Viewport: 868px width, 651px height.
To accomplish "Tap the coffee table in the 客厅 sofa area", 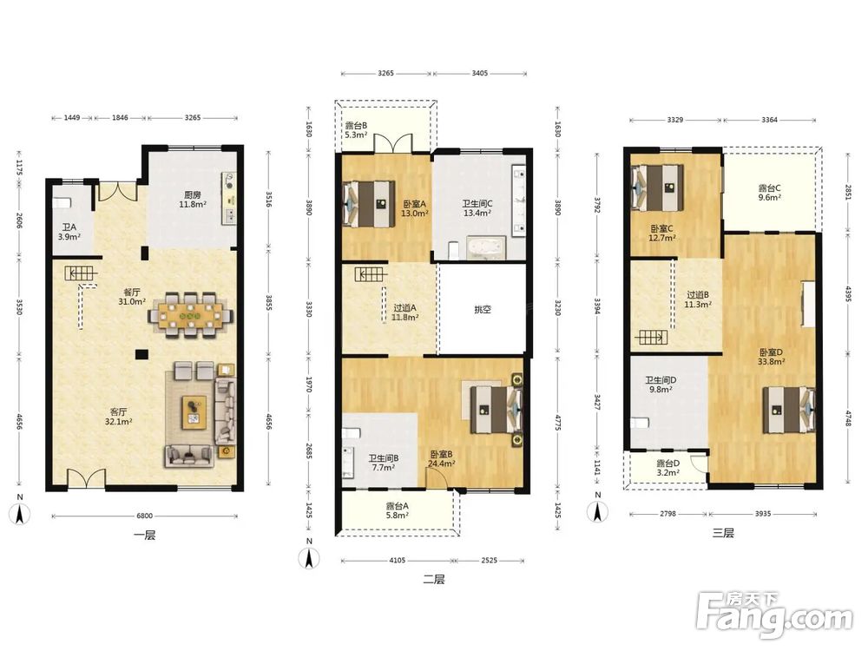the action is click(x=194, y=411).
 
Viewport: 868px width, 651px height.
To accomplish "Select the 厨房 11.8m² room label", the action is click(x=192, y=200).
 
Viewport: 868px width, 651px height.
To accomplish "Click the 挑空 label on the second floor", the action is click(x=482, y=310).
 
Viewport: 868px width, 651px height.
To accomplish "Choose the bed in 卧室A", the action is click(x=369, y=204).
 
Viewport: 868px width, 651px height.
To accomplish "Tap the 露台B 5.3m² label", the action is click(x=356, y=130).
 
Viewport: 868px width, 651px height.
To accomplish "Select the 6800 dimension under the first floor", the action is click(x=144, y=516).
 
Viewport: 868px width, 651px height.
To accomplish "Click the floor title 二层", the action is click(x=433, y=579).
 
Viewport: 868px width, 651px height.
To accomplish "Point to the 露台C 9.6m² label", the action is click(x=769, y=193).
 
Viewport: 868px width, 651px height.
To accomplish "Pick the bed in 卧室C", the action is click(x=658, y=187).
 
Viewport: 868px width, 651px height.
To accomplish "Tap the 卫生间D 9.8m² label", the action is click(x=661, y=385).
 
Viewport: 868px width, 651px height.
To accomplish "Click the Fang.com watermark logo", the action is click(x=775, y=615).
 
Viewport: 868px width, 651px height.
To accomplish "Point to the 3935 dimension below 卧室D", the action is click(x=763, y=514).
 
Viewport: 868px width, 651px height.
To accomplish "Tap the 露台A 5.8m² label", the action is click(x=397, y=510).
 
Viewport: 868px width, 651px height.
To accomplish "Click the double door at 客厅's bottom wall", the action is click(x=86, y=479).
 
